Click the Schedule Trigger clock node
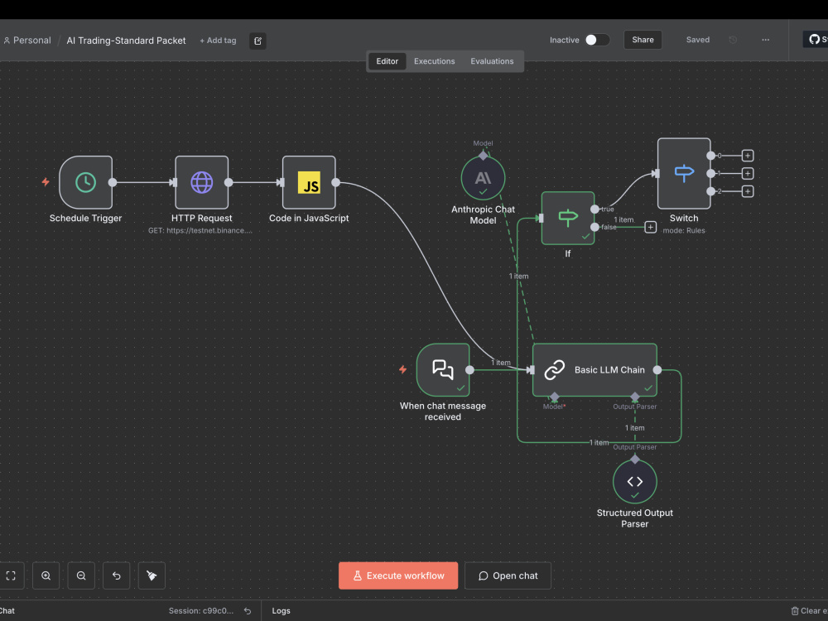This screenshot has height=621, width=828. pyautogui.click(x=85, y=182)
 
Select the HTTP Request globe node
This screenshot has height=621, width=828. pyautogui.click(x=202, y=182)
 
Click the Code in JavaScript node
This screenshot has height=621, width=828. pyautogui.click(x=309, y=182)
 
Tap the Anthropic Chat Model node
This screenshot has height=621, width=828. pyautogui.click(x=484, y=178)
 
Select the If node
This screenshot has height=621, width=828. pyautogui.click(x=568, y=218)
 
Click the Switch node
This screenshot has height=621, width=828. pyautogui.click(x=684, y=173)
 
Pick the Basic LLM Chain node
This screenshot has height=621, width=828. pyautogui.click(x=595, y=369)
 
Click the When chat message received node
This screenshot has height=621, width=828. pyautogui.click(x=443, y=369)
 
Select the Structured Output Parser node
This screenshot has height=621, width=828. pyautogui.click(x=635, y=482)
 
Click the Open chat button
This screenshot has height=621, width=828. pyautogui.click(x=508, y=575)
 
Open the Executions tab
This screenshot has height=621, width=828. pyautogui.click(x=434, y=61)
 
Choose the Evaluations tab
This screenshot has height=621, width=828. pyautogui.click(x=492, y=61)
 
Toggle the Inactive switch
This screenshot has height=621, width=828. pyautogui.click(x=597, y=40)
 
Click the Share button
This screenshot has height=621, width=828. pyautogui.click(x=643, y=40)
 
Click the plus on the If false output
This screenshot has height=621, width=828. pyautogui.click(x=651, y=227)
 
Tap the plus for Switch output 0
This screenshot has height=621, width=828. pyautogui.click(x=747, y=156)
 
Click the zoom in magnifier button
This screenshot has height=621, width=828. pyautogui.click(x=46, y=575)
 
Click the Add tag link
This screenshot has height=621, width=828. pyautogui.click(x=218, y=40)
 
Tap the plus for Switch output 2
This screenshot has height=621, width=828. pyautogui.click(x=747, y=191)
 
